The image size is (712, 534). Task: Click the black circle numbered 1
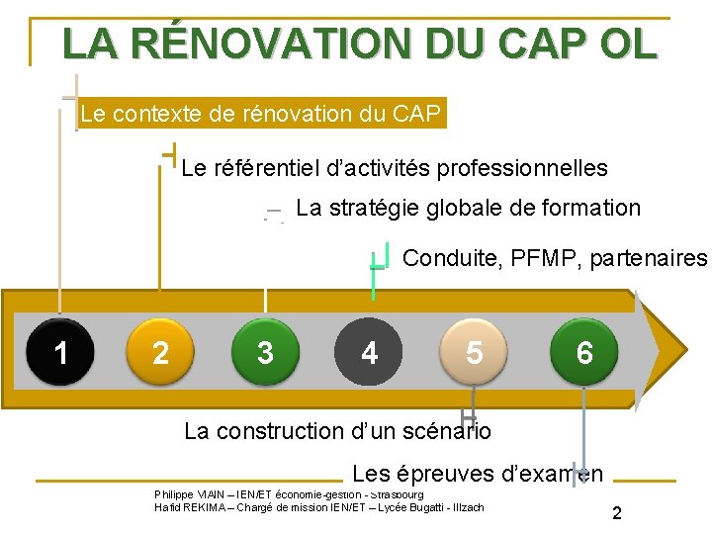61,351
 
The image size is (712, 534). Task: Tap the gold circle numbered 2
160,351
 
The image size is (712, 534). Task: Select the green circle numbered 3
265,351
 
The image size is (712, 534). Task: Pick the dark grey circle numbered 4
370,351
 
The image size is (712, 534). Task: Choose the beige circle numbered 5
476,351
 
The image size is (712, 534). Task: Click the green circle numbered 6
584,351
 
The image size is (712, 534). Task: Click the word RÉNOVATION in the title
269,44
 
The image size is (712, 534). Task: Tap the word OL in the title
626,44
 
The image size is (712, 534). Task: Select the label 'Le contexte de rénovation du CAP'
260,114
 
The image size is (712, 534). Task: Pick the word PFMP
548,258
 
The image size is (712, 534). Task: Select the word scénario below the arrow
442,431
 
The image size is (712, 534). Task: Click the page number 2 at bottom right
617,513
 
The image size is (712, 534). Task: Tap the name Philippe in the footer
174,494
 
